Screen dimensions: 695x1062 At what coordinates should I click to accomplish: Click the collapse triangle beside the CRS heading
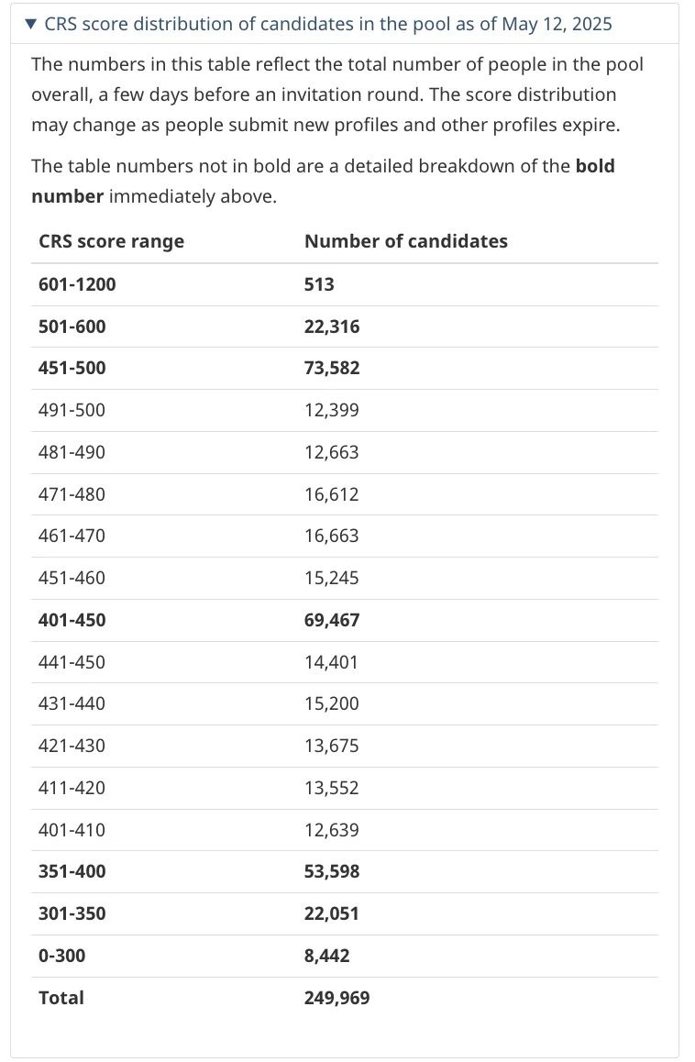(x=30, y=25)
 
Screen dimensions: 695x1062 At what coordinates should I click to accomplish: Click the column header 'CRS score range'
(x=111, y=242)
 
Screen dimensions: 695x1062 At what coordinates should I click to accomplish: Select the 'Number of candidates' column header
(x=406, y=241)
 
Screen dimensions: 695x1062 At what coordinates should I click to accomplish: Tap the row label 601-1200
(x=77, y=283)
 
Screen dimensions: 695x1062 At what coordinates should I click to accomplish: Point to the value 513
(x=319, y=283)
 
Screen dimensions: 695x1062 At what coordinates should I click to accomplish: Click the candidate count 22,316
(x=332, y=326)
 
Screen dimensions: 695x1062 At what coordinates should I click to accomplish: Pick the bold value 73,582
(x=332, y=368)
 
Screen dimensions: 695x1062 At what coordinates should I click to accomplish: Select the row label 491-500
(x=72, y=410)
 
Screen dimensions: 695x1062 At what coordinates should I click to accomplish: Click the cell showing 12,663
(x=331, y=452)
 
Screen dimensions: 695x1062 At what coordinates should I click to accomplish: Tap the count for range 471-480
(x=331, y=494)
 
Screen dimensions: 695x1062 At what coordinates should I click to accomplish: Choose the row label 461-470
(x=72, y=536)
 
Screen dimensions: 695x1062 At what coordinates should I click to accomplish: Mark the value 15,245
(x=331, y=578)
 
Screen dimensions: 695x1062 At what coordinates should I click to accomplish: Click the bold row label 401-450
(x=72, y=620)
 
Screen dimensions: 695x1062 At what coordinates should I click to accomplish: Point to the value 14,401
(x=331, y=662)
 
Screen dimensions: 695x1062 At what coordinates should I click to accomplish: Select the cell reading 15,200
(x=331, y=703)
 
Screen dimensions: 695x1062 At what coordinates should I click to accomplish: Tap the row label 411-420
(x=72, y=788)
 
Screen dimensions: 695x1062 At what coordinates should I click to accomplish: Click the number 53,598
(x=332, y=871)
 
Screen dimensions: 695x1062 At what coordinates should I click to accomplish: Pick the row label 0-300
(x=61, y=956)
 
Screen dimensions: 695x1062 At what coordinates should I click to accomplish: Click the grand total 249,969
(x=336, y=998)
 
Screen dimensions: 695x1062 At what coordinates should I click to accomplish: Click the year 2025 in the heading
(x=591, y=25)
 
